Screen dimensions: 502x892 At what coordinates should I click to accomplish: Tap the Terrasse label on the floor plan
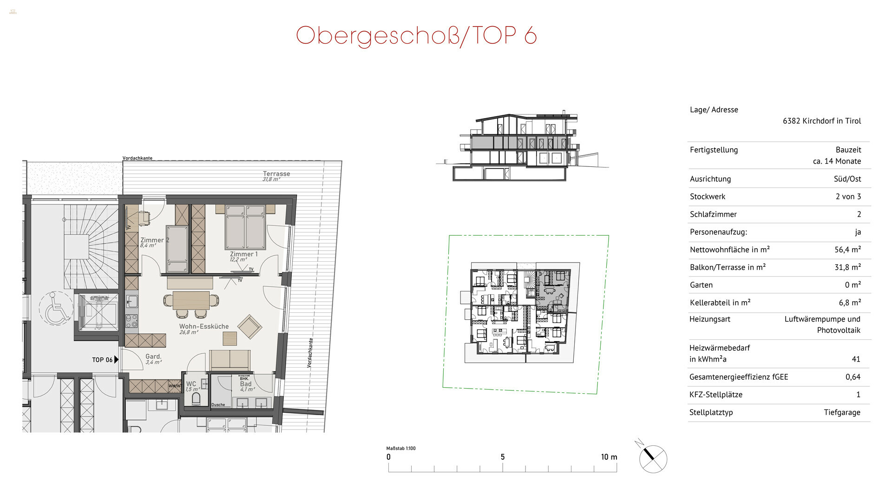pos(276,174)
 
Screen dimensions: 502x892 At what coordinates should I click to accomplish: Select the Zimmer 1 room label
pos(243,254)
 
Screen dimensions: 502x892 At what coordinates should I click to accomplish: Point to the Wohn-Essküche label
pos(204,326)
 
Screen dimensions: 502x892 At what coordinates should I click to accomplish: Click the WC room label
pos(191,384)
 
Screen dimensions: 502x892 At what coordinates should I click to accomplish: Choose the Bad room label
pos(246,384)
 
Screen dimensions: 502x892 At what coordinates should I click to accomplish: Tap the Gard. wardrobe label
pos(153,357)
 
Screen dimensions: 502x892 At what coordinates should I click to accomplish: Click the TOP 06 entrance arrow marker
pos(116,359)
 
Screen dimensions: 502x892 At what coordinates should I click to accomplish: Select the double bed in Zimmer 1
pos(245,227)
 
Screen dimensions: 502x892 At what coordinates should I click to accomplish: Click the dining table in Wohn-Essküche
pos(191,300)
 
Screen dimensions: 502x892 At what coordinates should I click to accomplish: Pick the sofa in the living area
pos(230,360)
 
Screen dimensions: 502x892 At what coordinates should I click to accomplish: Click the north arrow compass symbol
pos(652,458)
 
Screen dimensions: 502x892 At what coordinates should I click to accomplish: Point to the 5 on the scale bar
pos(502,457)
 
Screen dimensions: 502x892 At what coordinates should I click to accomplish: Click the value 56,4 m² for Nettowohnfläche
pos(847,250)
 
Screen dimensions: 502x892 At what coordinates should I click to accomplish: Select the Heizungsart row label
pos(710,319)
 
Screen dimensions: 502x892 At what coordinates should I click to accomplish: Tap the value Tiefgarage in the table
pos(842,412)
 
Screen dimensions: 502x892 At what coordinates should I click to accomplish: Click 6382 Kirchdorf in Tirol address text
pos(821,121)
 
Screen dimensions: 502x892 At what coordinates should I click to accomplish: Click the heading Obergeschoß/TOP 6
pos(416,35)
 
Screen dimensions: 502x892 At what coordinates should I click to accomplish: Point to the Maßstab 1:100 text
pos(400,449)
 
